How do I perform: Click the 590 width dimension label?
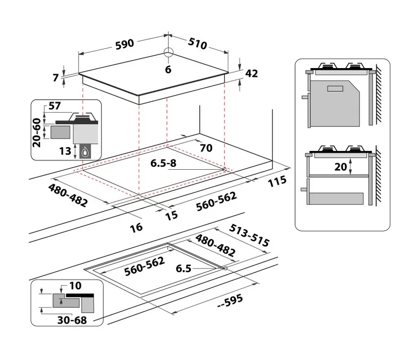click(124, 44)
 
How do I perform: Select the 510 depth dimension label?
click(198, 43)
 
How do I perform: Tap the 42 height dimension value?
click(251, 73)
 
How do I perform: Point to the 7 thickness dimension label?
click(56, 78)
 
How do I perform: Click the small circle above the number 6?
click(169, 52)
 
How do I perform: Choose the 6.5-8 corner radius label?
click(163, 163)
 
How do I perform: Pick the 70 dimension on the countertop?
click(206, 148)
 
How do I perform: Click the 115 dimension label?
click(277, 182)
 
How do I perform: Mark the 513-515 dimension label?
click(249, 235)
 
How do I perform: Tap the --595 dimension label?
click(230, 302)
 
